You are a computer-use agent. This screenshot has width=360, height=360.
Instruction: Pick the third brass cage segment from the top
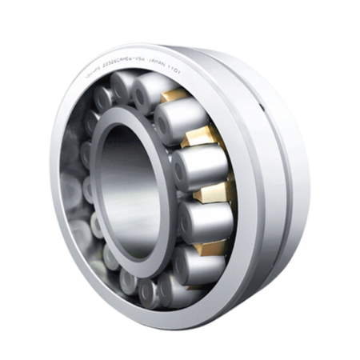(x=214, y=191)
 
